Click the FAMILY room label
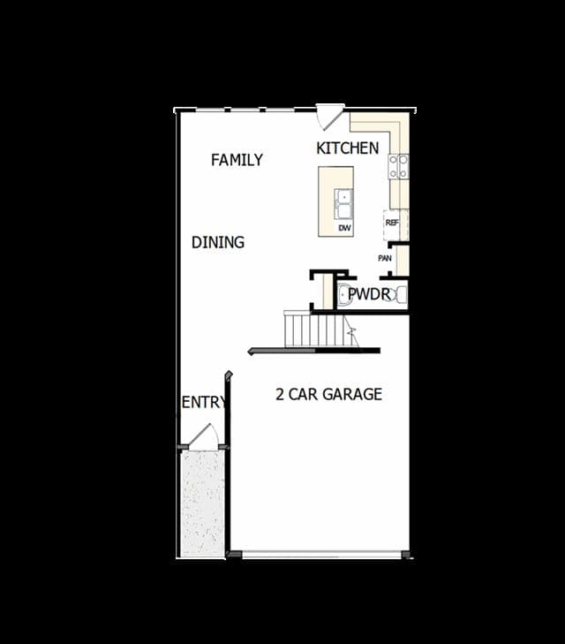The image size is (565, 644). click(237, 160)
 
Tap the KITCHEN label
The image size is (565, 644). click(348, 148)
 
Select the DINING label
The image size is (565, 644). click(218, 242)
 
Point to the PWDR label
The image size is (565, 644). click(369, 294)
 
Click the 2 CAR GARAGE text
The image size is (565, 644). click(328, 394)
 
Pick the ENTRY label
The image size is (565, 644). click(204, 403)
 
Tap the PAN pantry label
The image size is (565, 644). click(385, 258)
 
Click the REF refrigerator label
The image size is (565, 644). click(392, 223)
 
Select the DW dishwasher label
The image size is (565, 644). click(344, 228)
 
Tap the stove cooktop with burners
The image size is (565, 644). click(398, 166)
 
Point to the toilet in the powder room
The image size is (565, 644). click(399, 294)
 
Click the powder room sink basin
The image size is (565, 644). click(343, 294)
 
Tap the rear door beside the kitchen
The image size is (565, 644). click(329, 117)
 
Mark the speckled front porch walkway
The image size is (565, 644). click(203, 504)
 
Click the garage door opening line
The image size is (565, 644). click(321, 555)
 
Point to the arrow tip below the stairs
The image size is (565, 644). click(249, 351)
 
